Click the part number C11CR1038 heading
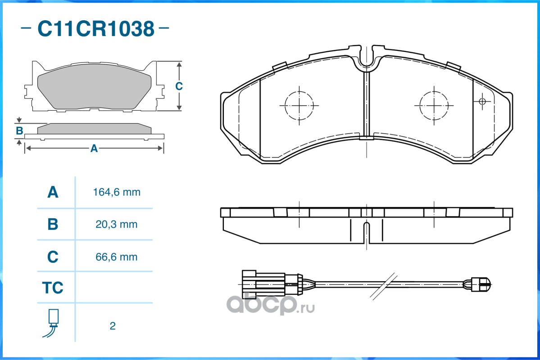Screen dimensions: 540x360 pyautogui.click(x=96, y=28)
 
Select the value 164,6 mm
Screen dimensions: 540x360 pyautogui.click(x=117, y=192)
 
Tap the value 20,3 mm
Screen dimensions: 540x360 pyautogui.click(x=116, y=225)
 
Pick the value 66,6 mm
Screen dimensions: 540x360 pyautogui.click(x=116, y=257)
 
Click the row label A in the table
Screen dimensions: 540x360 pyautogui.click(x=53, y=192)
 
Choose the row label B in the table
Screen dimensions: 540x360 pyautogui.click(x=53, y=225)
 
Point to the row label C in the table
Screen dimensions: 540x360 pyautogui.click(x=53, y=257)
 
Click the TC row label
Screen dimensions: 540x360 pyautogui.click(x=53, y=288)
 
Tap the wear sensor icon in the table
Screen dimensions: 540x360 pyautogui.click(x=52, y=323)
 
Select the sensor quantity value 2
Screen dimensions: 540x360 pyautogui.click(x=113, y=326)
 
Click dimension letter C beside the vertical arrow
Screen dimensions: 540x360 pyautogui.click(x=179, y=86)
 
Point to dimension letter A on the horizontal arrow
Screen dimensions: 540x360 pyautogui.click(x=94, y=148)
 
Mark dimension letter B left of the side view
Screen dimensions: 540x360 pyautogui.click(x=19, y=131)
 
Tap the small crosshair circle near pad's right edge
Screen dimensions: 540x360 pyautogui.click(x=482, y=101)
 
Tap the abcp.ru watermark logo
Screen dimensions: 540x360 pyautogui.click(x=270, y=305)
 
